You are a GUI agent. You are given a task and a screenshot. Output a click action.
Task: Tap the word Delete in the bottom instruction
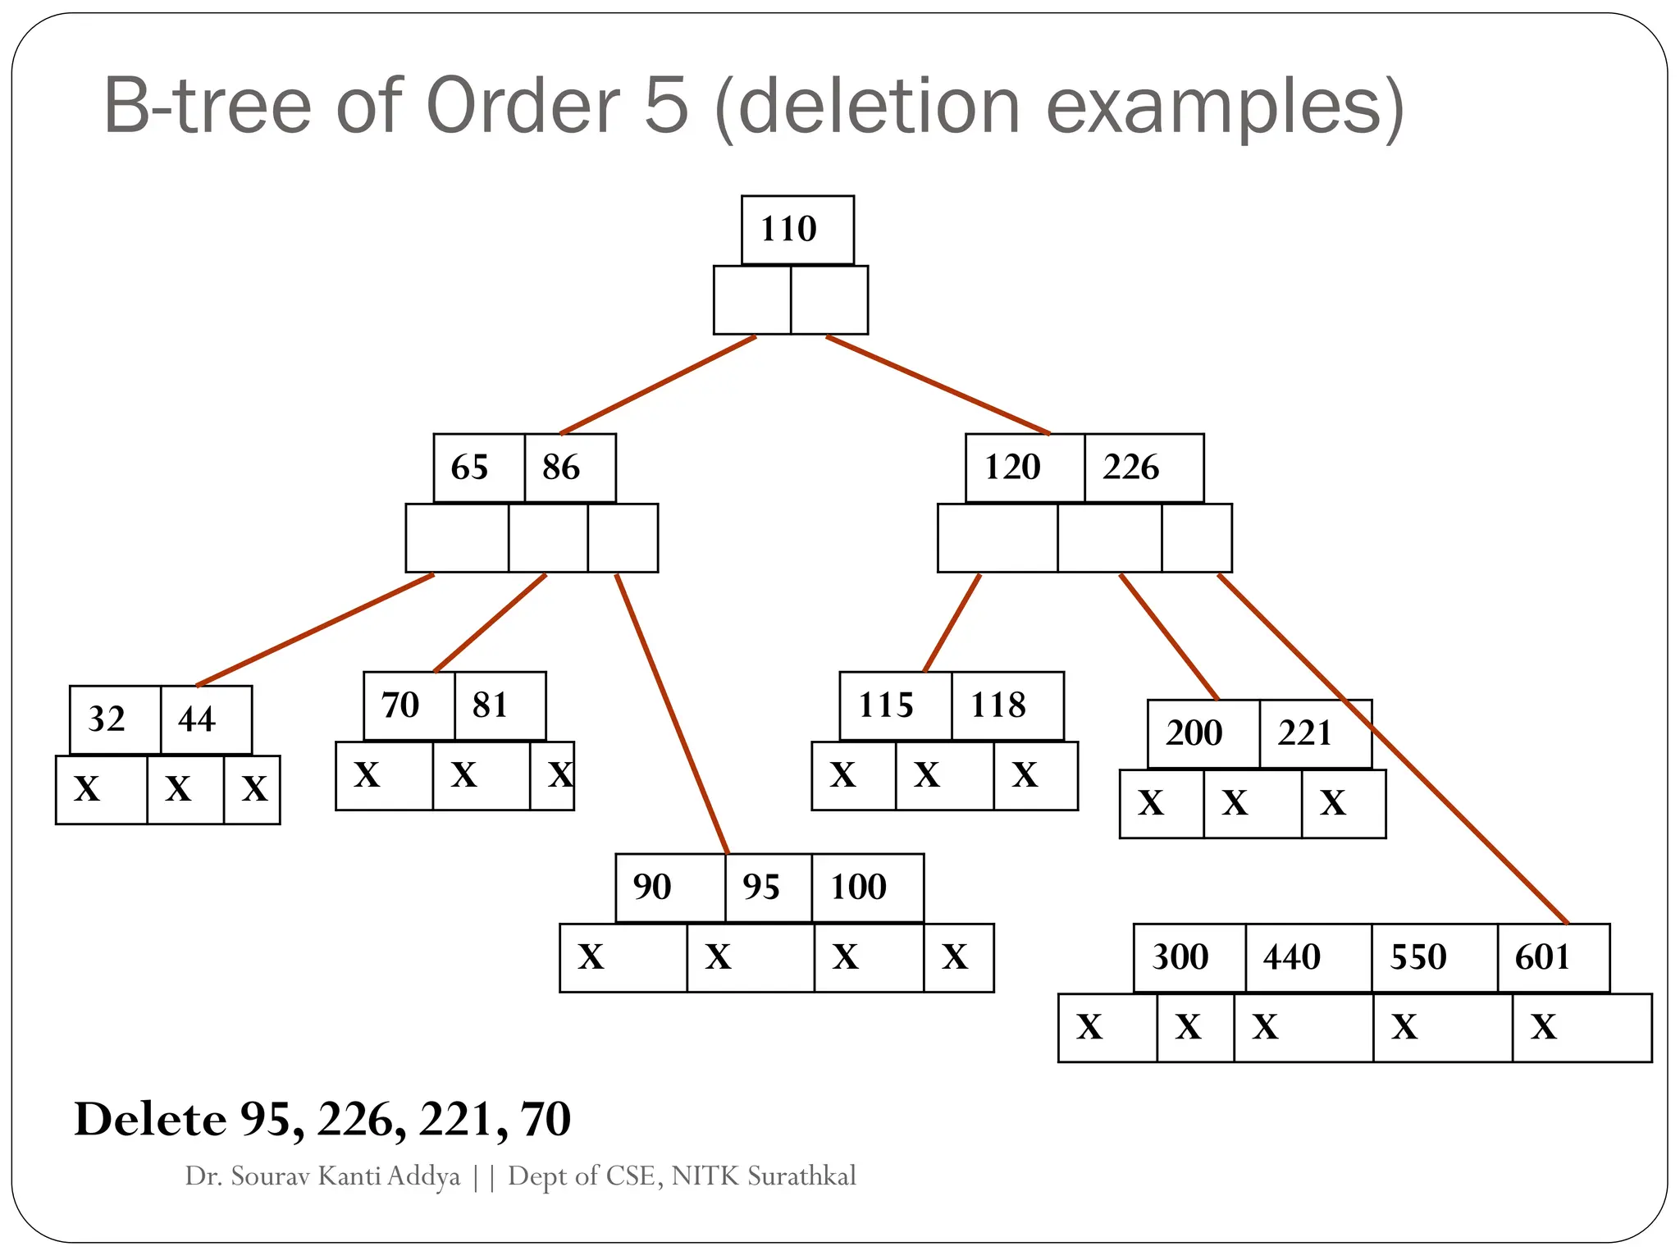150,1119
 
